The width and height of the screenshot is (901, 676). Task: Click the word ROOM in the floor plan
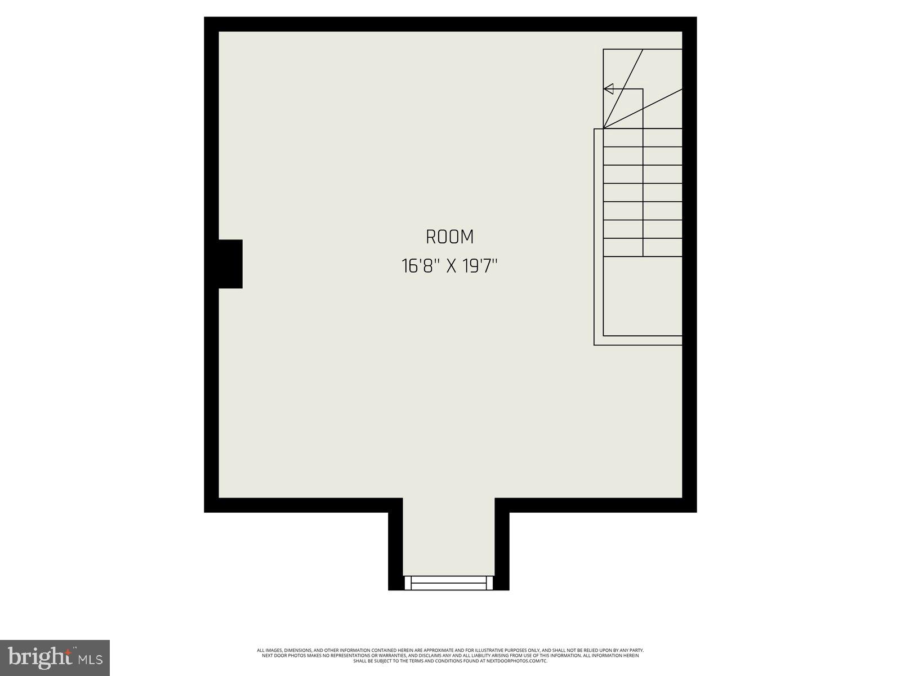449,237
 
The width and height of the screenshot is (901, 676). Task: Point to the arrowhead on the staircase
608,89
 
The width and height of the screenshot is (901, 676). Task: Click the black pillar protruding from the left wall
230,264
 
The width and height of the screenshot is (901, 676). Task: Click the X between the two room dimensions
450,266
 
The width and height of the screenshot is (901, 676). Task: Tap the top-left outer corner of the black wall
206,19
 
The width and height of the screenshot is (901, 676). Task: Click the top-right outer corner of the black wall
695,19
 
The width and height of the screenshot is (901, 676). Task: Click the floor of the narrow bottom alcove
449,535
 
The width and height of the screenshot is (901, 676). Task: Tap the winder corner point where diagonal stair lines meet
604,128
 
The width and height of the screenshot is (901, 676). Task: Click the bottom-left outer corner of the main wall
206,510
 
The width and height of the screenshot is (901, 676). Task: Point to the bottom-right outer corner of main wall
695,510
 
